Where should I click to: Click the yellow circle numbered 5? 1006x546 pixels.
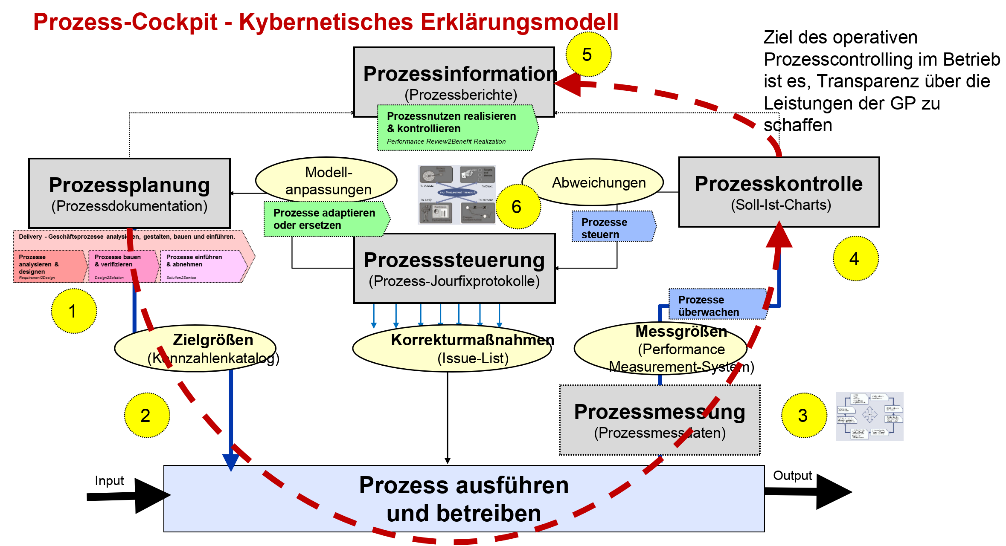pyautogui.click(x=588, y=55)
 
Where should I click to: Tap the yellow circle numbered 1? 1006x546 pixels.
pyautogui.click(x=74, y=311)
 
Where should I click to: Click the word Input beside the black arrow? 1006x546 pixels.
pyautogui.click(x=109, y=481)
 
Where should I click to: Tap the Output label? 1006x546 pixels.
pyautogui.click(x=792, y=476)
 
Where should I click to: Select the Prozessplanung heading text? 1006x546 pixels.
pyautogui.click(x=129, y=185)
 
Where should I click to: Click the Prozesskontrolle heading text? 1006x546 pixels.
pyautogui.click(x=779, y=184)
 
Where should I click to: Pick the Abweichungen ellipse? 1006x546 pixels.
pyautogui.click(x=593, y=182)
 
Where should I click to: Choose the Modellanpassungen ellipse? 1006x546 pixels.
pyautogui.click(x=326, y=181)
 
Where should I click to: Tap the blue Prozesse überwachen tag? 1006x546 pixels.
pyautogui.click(x=717, y=305)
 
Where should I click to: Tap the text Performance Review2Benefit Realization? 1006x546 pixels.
pyautogui.click(x=446, y=142)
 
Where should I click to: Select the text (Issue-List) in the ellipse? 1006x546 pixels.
pyautogui.click(x=473, y=358)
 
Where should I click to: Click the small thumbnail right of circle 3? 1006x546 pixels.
pyautogui.click(x=869, y=416)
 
